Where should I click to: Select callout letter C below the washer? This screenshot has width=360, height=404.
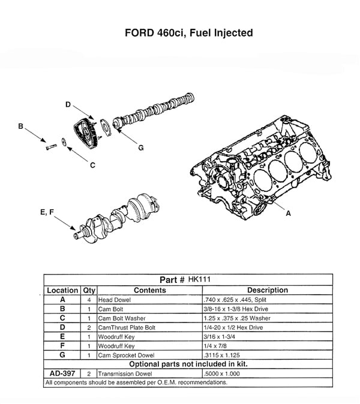pyautogui.click(x=92, y=166)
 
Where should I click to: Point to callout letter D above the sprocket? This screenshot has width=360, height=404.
pyautogui.click(x=68, y=105)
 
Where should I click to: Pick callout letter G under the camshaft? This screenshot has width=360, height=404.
pyautogui.click(x=140, y=147)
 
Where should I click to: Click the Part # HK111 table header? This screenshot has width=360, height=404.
pyautogui.click(x=187, y=279)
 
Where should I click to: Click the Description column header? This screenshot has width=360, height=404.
pyautogui.click(x=267, y=290)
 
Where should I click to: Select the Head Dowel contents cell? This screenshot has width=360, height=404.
pyautogui.click(x=112, y=299)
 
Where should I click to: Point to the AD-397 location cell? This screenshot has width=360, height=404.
pyautogui.click(x=62, y=373)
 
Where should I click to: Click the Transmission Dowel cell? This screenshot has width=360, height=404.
pyautogui.click(x=124, y=373)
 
